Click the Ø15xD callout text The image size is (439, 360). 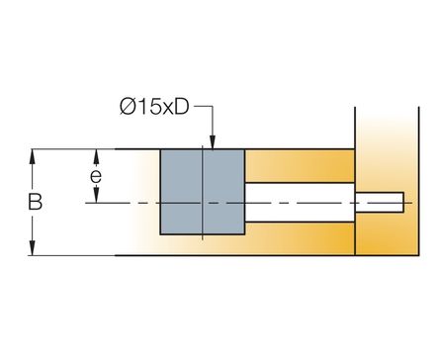(154, 107)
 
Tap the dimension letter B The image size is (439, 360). (35, 202)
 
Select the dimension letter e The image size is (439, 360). (96, 176)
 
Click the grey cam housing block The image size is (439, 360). (203, 192)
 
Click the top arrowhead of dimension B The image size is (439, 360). (32, 157)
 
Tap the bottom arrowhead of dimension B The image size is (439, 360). (32, 248)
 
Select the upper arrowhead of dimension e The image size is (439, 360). (96, 157)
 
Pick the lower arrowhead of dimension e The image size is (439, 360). (96, 195)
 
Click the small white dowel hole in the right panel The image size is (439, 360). (380, 202)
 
